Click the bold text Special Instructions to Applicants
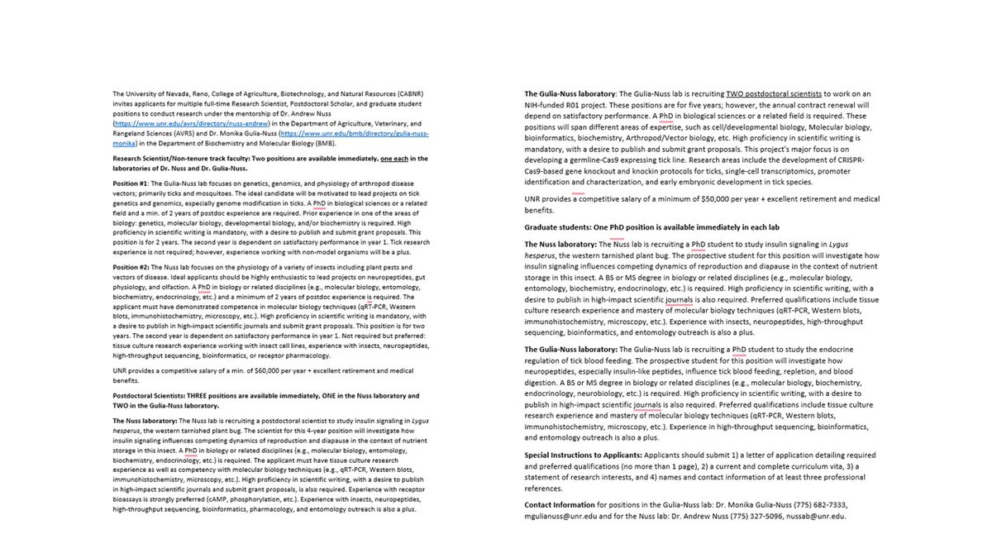[582, 455]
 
